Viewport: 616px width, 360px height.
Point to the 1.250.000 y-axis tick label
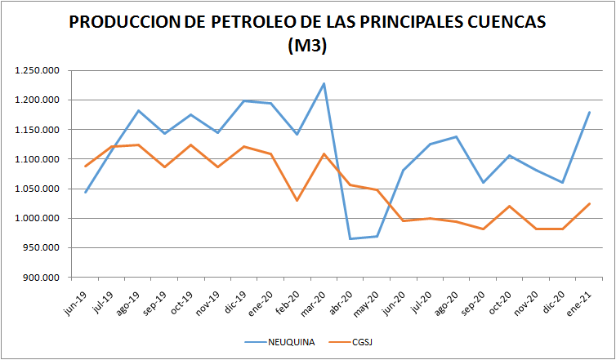(36, 71)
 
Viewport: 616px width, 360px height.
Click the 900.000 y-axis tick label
(40, 278)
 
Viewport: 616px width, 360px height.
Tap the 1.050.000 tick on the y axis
(36, 189)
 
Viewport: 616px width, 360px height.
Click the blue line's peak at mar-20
(324, 83)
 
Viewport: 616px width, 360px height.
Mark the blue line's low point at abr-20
(350, 238)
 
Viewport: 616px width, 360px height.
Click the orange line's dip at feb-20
(297, 200)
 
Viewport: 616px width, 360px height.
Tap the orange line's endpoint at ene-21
(589, 203)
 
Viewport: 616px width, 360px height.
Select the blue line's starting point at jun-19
(85, 192)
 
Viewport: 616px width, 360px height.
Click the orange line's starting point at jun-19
(85, 167)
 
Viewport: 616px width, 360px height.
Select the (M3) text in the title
(307, 47)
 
